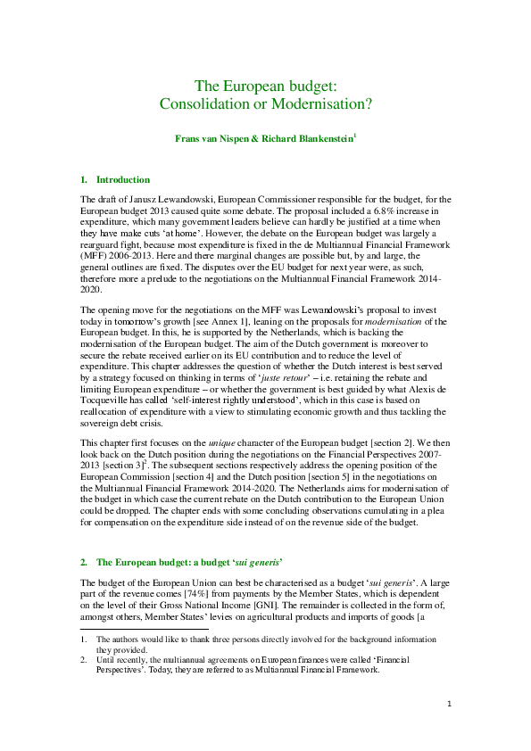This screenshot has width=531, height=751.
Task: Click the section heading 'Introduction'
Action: coord(122,179)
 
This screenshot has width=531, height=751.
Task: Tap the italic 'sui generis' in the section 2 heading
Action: coord(254,563)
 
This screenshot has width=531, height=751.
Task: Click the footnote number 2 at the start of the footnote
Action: coord(83,660)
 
